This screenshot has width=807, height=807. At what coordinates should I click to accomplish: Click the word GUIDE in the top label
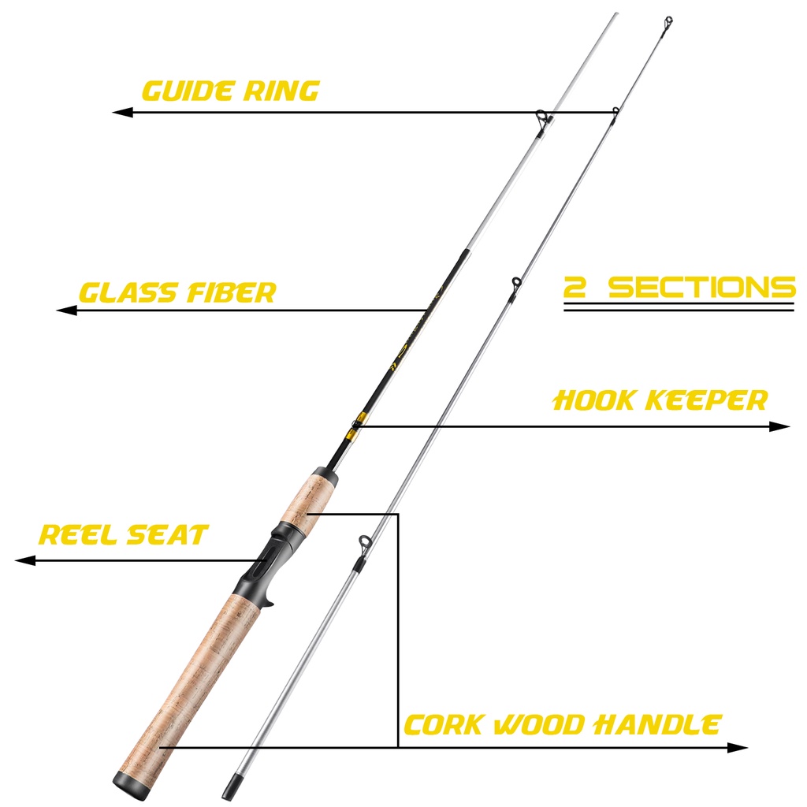[186, 91]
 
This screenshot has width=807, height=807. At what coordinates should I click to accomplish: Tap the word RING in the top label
[281, 91]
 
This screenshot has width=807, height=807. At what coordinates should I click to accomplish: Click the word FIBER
[231, 292]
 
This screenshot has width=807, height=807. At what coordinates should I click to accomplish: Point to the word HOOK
[593, 400]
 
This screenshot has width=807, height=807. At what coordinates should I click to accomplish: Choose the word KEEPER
[706, 400]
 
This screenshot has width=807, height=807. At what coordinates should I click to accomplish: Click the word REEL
[78, 535]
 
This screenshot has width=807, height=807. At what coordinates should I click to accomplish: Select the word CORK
[444, 725]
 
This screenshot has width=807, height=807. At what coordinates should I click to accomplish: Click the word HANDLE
[657, 725]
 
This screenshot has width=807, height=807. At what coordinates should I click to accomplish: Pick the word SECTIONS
[702, 287]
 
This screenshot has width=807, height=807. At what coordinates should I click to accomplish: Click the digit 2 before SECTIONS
[575, 287]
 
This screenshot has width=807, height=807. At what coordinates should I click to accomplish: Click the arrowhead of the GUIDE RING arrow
[122, 112]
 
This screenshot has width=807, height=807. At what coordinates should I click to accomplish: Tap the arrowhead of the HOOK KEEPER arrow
[779, 426]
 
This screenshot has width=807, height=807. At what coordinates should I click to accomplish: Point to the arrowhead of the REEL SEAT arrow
[25, 560]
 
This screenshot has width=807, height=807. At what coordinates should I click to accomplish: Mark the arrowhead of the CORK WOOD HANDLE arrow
[737, 747]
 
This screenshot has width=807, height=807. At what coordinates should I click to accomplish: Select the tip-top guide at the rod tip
[668, 23]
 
